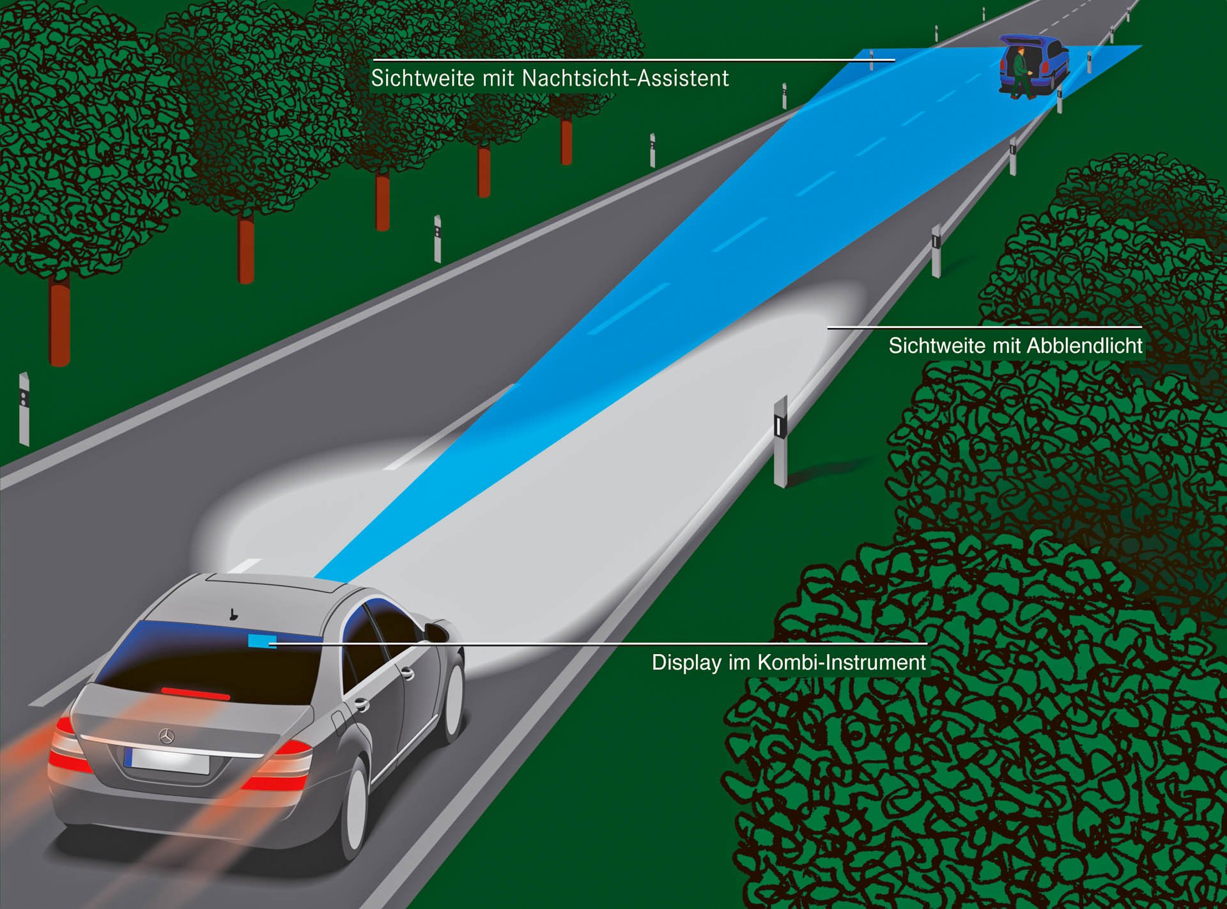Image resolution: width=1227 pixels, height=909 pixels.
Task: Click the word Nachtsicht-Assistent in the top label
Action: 625,79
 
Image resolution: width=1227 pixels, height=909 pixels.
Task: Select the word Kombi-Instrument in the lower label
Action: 842,662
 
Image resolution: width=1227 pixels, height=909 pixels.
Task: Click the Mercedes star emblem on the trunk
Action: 166,736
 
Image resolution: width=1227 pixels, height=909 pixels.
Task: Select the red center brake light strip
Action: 195,693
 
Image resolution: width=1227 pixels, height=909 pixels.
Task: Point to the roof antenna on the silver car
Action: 234,615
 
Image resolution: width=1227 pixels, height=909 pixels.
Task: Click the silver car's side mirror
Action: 436,630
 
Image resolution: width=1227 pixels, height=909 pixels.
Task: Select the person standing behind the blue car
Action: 1021,72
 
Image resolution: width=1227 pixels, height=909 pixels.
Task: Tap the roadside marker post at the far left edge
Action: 24,409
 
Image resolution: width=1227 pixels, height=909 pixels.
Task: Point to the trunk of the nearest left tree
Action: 59,325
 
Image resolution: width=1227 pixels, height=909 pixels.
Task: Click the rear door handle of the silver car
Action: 362,704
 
